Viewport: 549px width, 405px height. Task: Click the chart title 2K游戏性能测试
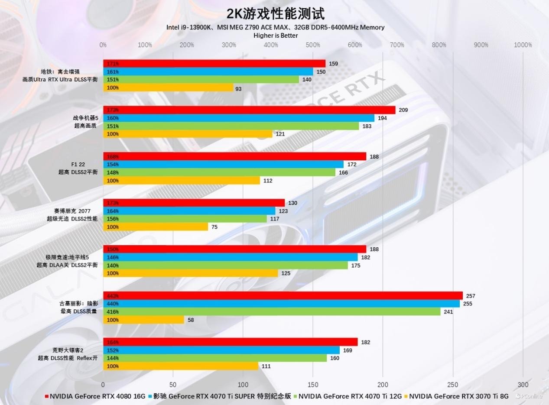click(x=275, y=13)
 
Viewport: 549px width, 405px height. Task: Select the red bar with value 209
click(x=249, y=110)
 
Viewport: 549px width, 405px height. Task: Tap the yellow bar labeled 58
click(x=143, y=320)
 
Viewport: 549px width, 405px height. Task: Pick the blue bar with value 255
click(x=281, y=304)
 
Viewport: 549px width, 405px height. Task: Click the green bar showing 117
click(x=185, y=219)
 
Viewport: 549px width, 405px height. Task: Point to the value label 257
click(x=471, y=296)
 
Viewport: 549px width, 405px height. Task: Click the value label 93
click(x=238, y=89)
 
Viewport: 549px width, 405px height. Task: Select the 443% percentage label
click(x=113, y=296)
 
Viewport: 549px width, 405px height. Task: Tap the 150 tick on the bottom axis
click(x=313, y=385)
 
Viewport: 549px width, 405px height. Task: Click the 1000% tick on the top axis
click(x=523, y=45)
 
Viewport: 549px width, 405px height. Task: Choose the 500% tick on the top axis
click(x=313, y=45)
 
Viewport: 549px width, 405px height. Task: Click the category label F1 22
click(x=78, y=164)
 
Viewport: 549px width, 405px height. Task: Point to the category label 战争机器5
click(x=82, y=118)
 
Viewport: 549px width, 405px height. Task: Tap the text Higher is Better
click(x=276, y=36)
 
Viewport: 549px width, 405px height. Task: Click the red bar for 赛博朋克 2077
click(x=194, y=203)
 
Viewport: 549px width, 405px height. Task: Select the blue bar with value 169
click(x=221, y=350)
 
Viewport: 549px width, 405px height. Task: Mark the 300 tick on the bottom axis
click(x=523, y=385)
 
